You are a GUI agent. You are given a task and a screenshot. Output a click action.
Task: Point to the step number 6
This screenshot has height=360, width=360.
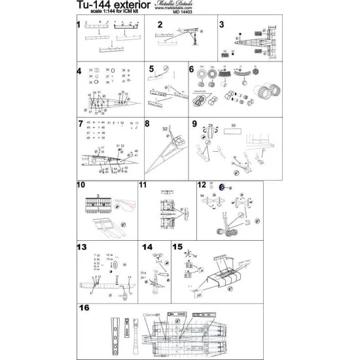pyautogui.click(x=192, y=69)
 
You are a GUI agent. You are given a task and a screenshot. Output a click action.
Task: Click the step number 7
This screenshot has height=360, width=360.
pyautogui.click(x=80, y=123)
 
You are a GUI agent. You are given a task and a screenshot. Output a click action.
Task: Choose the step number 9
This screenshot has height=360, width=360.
pyautogui.click(x=194, y=123)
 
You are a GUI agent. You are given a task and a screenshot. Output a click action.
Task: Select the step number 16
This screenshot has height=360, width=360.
pyautogui.click(x=83, y=307)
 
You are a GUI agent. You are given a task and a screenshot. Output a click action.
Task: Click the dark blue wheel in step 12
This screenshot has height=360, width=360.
pyautogui.click(x=222, y=187)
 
